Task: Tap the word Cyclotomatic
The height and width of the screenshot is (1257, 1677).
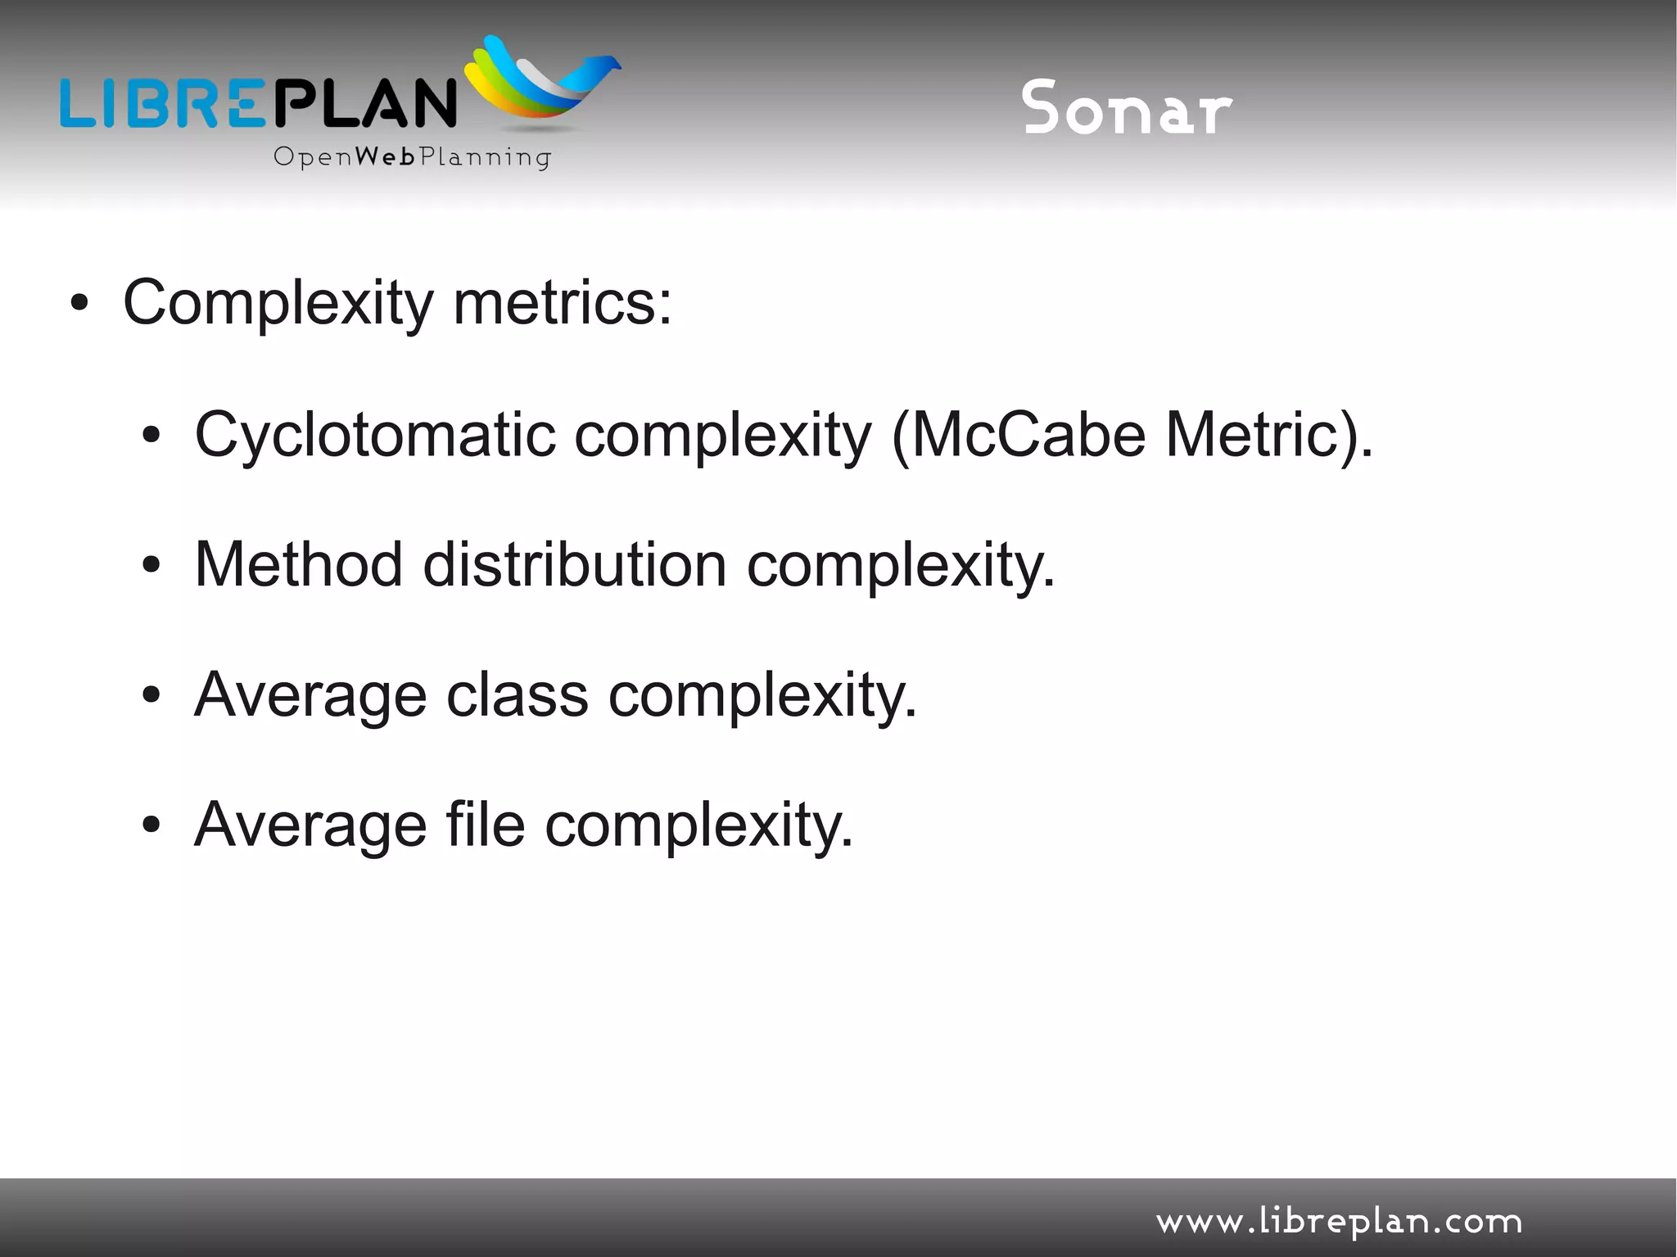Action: pos(374,435)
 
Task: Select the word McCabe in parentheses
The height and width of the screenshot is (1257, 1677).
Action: pos(1028,435)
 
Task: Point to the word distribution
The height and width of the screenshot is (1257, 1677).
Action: pos(574,564)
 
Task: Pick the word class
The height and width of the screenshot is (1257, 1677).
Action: pos(517,695)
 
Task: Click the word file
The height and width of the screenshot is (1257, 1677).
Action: pos(485,825)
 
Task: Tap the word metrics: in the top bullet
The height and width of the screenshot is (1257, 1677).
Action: pos(562,302)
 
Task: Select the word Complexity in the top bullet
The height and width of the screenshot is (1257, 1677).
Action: pos(278,304)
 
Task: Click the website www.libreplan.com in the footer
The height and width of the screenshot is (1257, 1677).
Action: pos(1339,1222)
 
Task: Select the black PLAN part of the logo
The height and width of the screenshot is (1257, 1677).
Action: pos(364,103)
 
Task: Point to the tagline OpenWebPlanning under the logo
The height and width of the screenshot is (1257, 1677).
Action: pos(412,156)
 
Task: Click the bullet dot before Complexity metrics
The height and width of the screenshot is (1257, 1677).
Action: pos(79,304)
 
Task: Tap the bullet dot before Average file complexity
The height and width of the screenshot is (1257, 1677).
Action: pos(151,825)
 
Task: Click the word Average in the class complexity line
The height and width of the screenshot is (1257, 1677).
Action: pos(310,695)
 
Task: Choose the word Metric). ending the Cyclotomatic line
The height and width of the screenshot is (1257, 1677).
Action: pos(1268,435)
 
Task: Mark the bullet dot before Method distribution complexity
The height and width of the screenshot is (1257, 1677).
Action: pos(151,564)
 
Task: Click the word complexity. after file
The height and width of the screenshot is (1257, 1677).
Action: pos(698,826)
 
